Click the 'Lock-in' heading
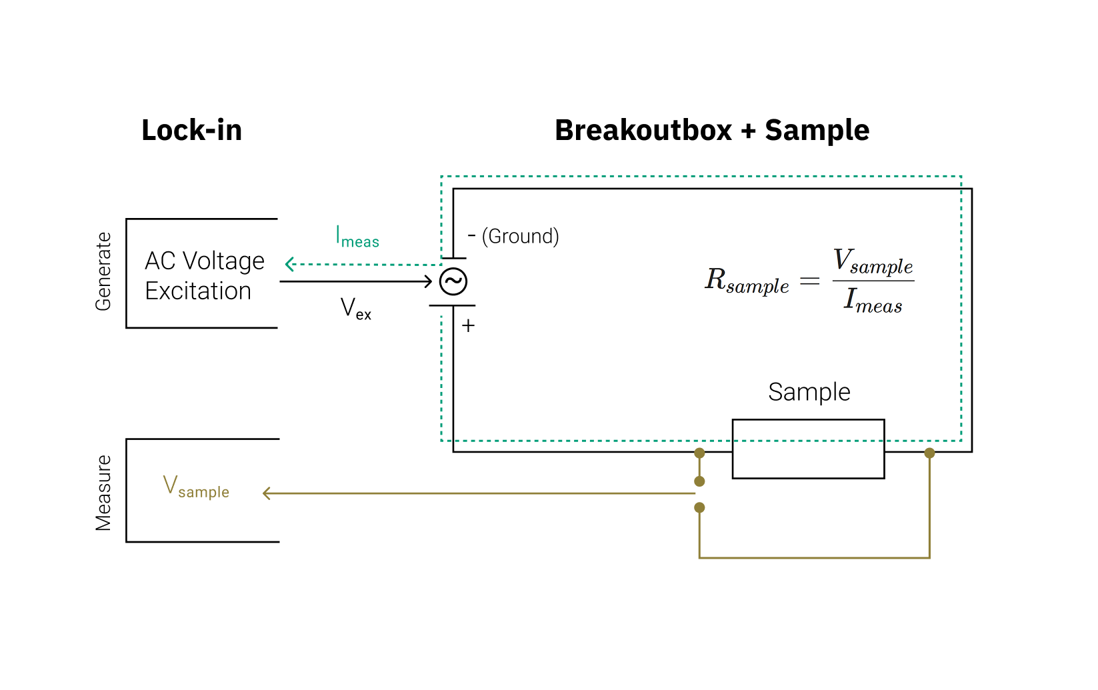coord(191,130)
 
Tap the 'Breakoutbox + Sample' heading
coord(711,130)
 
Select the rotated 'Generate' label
coord(103,271)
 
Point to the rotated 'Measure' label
coord(103,493)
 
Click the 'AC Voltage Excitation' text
coord(204,275)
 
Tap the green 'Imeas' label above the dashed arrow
coord(357,237)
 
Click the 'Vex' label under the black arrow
coord(355,309)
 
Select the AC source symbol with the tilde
coord(453,281)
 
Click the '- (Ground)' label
coord(513,236)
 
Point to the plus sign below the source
coord(468,326)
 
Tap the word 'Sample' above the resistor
coord(809,392)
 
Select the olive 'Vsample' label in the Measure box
coord(196,487)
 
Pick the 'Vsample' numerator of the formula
coord(873,262)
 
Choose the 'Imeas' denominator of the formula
coord(873,301)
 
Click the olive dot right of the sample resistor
coord(929,453)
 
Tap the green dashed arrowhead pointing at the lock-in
coord(289,265)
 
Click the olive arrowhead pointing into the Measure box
coord(267,493)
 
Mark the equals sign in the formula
coord(809,281)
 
